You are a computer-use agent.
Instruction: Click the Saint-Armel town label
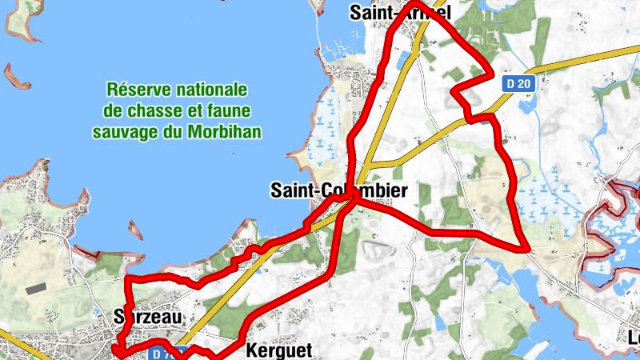(x=401, y=12)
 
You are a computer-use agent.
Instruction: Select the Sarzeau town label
(x=149, y=317)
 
